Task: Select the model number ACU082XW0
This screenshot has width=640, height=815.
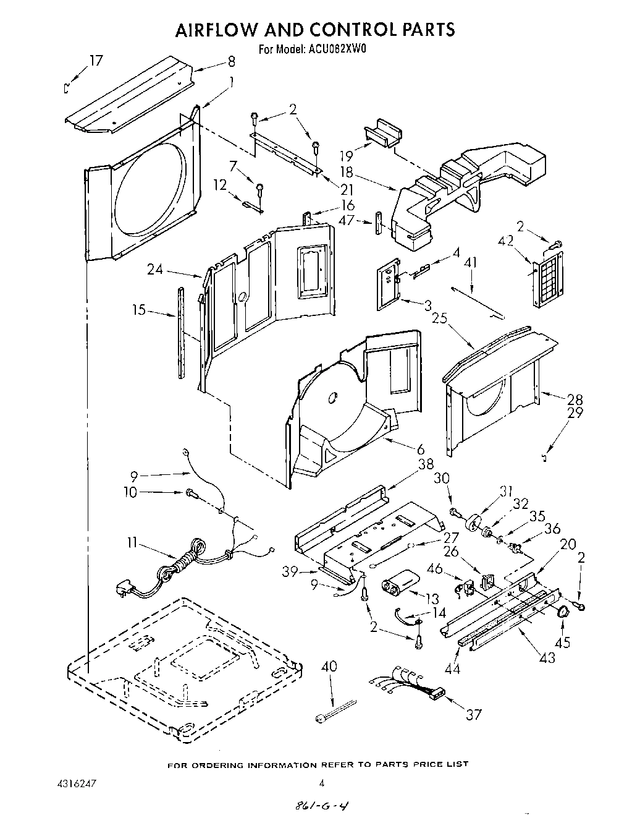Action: point(335,50)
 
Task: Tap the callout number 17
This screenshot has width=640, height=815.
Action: point(95,61)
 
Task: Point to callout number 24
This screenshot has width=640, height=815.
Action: point(156,269)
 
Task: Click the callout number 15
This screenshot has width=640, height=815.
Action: point(139,310)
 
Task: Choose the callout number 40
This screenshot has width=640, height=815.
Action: point(329,667)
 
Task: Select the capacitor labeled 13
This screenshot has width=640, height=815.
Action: point(400,583)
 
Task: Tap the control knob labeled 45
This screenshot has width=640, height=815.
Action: point(562,612)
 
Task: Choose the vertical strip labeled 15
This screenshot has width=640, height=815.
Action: point(180,331)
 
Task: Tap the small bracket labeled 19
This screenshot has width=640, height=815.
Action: point(383,132)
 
